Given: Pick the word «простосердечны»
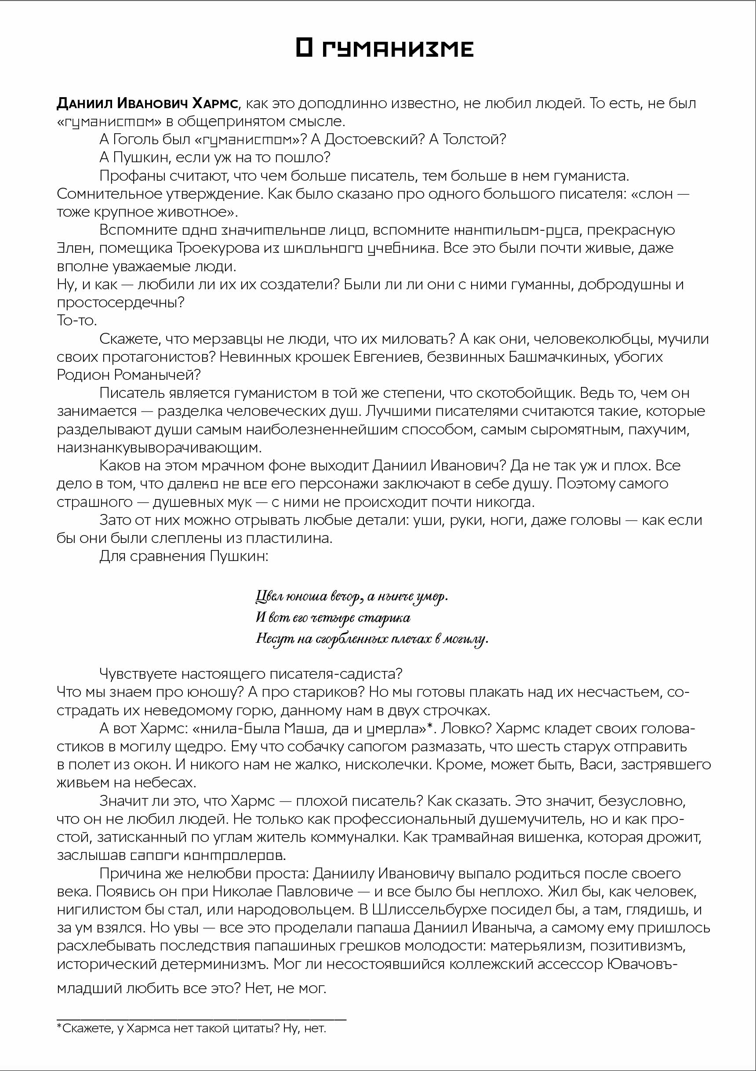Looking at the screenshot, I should pos(120,302).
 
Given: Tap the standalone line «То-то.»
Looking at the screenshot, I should pos(77,321).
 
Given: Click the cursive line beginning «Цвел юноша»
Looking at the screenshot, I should pos(352,597).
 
